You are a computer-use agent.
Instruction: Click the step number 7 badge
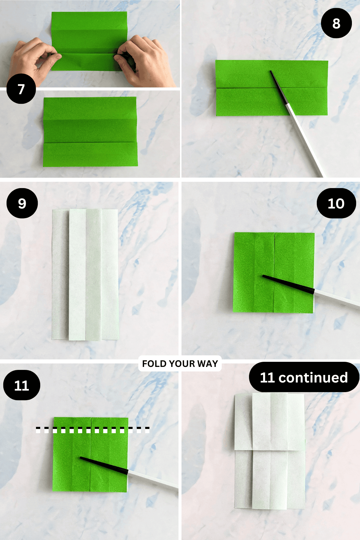(x=21, y=89)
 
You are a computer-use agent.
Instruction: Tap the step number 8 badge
(x=336, y=23)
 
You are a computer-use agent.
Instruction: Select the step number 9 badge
(x=22, y=203)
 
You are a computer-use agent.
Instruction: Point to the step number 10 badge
(x=336, y=203)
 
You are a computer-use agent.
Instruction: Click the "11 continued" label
(x=304, y=377)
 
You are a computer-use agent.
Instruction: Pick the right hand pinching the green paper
(x=144, y=60)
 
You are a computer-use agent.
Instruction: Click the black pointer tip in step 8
(x=271, y=72)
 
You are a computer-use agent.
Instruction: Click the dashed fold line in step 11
(x=93, y=430)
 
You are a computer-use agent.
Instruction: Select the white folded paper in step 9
(x=85, y=274)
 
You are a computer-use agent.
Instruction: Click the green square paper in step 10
(x=274, y=272)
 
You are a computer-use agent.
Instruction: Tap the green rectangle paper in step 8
(x=271, y=88)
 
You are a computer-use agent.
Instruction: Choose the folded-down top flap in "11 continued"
(x=269, y=421)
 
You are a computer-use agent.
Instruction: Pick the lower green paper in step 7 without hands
(x=90, y=132)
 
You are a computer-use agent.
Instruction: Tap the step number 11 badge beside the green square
(x=22, y=385)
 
